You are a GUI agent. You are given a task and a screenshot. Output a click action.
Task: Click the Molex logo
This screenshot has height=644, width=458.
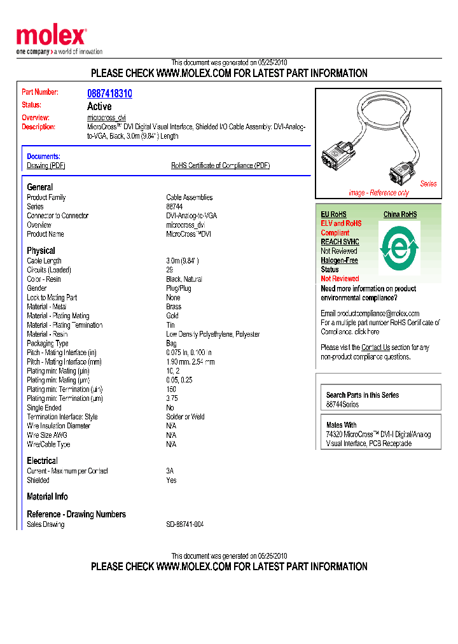pos(51,37)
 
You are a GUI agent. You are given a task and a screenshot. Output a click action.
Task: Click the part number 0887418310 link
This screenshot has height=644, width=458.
pos(109,94)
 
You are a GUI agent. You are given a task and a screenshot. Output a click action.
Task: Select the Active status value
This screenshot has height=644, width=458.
pos(99,106)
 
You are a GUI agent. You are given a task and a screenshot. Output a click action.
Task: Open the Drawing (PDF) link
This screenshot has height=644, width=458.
pos(46,165)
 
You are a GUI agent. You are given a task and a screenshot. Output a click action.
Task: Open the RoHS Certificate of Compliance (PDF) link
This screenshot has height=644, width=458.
pos(220,165)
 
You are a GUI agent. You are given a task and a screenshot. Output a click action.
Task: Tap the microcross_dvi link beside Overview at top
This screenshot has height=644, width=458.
pos(106,118)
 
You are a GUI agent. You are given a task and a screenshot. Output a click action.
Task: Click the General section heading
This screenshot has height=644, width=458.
pos(40,187)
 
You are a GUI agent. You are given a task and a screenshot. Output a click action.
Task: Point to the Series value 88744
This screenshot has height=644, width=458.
pos(175,207)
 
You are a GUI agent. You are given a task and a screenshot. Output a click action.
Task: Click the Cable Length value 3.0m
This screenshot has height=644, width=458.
pos(183,261)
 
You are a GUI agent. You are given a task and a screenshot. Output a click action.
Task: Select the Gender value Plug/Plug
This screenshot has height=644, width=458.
pos(179,288)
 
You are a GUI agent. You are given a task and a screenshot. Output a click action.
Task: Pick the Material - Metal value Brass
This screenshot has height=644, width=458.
pos(174,307)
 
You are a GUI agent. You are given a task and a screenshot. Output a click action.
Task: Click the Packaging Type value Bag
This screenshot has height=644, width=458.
pos(172,344)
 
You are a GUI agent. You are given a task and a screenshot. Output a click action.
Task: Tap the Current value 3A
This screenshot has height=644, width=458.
pos(170,472)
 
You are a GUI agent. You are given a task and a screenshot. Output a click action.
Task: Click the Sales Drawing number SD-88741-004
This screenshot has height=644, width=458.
pos(185,525)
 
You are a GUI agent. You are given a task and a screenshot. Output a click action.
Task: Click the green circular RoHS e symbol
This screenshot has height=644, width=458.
pos(399,246)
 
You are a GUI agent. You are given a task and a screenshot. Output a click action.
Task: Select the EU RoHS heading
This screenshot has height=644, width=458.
pos(333,214)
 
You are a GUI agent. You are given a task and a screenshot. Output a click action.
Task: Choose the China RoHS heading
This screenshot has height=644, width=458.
pos(400,214)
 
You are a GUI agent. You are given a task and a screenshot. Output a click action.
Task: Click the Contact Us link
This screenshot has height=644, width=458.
pos(375,347)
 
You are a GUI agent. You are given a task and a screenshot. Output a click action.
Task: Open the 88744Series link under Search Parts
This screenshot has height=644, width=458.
pos(342,405)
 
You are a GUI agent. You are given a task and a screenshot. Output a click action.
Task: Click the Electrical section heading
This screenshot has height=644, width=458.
pos(42,461)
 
